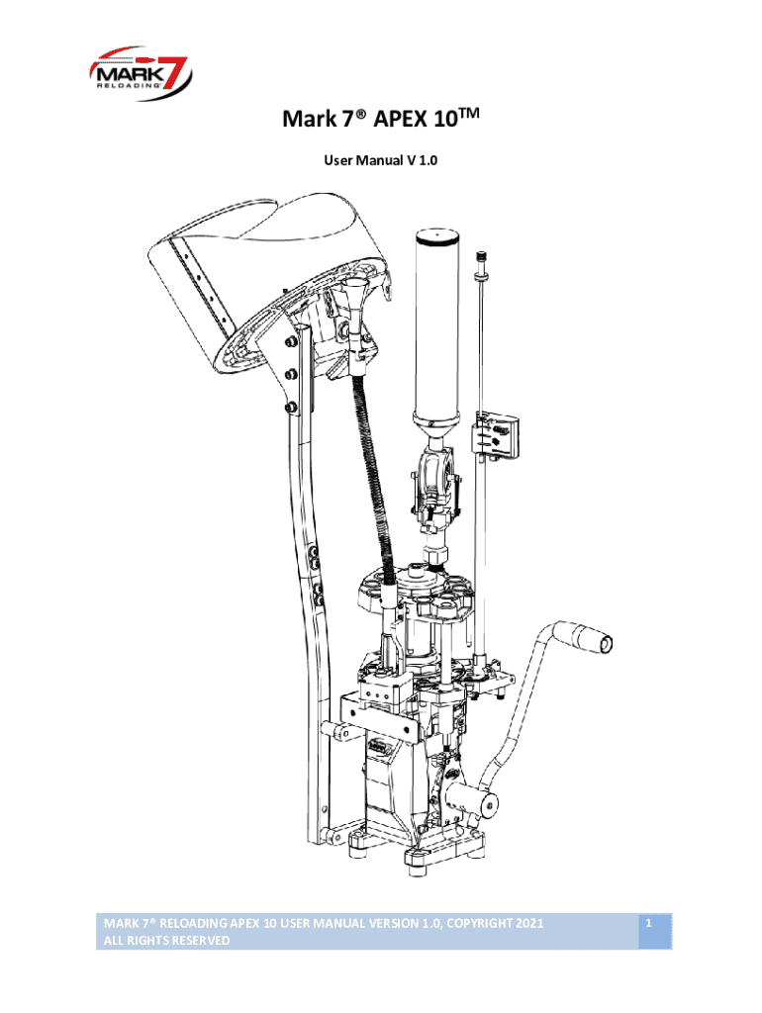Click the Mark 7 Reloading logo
click(x=141, y=72)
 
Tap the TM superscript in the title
click(x=470, y=114)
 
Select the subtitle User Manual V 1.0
click(x=381, y=160)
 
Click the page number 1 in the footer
click(x=648, y=923)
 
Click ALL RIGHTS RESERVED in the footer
click(x=166, y=941)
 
